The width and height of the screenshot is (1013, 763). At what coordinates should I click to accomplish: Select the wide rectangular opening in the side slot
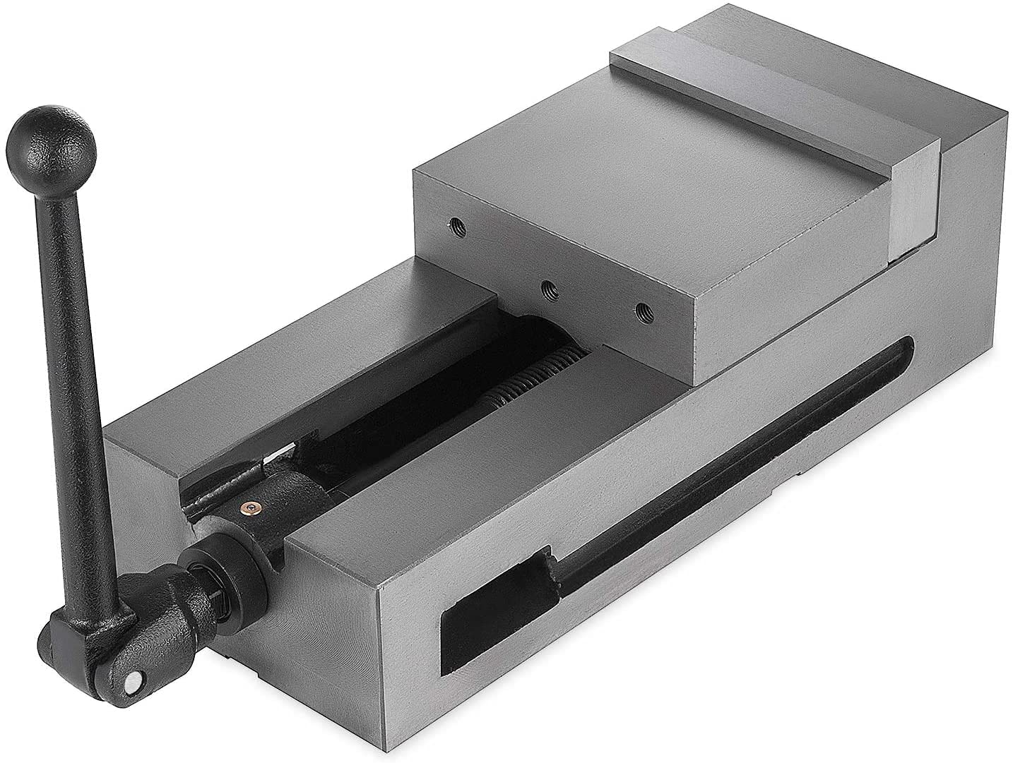[494, 600]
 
